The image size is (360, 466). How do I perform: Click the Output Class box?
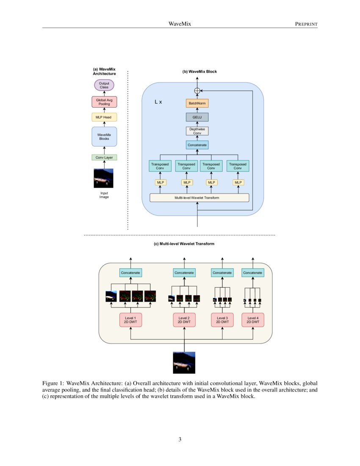(x=104, y=86)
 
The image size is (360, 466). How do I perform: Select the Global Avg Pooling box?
(x=104, y=102)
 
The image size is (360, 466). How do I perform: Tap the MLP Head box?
(x=104, y=117)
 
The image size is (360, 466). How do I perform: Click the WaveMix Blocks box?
(x=104, y=136)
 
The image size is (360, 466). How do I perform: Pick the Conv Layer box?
(x=104, y=158)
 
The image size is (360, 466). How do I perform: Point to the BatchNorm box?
(x=197, y=103)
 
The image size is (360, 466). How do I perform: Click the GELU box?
(x=197, y=117)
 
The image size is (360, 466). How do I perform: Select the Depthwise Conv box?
(x=197, y=131)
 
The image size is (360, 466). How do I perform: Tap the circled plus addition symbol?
(x=197, y=90)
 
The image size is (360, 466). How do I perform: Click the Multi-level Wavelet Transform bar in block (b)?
(x=199, y=198)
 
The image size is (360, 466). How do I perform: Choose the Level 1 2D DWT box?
(x=130, y=320)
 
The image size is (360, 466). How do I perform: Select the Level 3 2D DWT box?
(x=222, y=320)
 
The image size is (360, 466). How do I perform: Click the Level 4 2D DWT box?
(x=252, y=320)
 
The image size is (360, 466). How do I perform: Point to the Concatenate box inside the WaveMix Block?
(x=197, y=145)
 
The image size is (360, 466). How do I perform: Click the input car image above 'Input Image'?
(x=103, y=178)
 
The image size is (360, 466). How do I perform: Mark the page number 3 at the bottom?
(x=180, y=439)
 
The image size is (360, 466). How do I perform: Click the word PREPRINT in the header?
(x=306, y=24)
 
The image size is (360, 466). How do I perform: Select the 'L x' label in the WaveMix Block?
(x=158, y=103)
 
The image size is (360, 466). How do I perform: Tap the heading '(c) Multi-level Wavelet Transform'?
(x=184, y=244)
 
